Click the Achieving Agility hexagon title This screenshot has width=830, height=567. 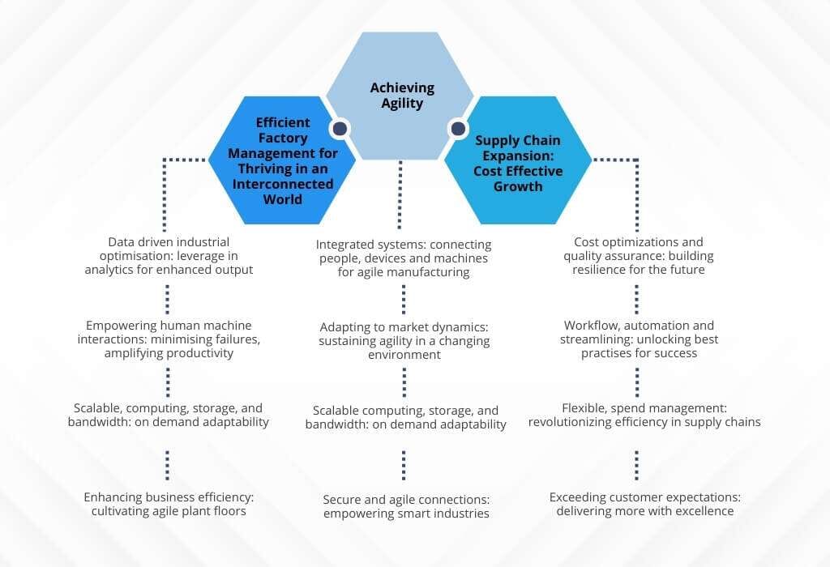click(402, 96)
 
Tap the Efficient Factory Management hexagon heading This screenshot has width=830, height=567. click(282, 160)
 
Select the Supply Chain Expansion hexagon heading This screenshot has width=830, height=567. click(518, 164)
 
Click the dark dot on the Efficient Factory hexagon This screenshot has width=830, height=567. click(340, 128)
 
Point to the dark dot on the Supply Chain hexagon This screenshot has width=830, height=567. click(458, 128)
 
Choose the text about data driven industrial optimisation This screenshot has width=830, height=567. click(169, 256)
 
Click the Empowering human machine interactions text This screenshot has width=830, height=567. click(169, 339)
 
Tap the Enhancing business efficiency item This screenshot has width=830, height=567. click(169, 504)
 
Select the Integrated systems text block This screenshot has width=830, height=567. click(403, 258)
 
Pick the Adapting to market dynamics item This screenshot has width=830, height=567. click(404, 340)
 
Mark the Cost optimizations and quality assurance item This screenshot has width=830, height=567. click(638, 256)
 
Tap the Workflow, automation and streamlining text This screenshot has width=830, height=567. click(639, 339)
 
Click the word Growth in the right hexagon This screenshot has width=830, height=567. click(519, 186)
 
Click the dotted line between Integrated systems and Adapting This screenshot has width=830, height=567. click(403, 300)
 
